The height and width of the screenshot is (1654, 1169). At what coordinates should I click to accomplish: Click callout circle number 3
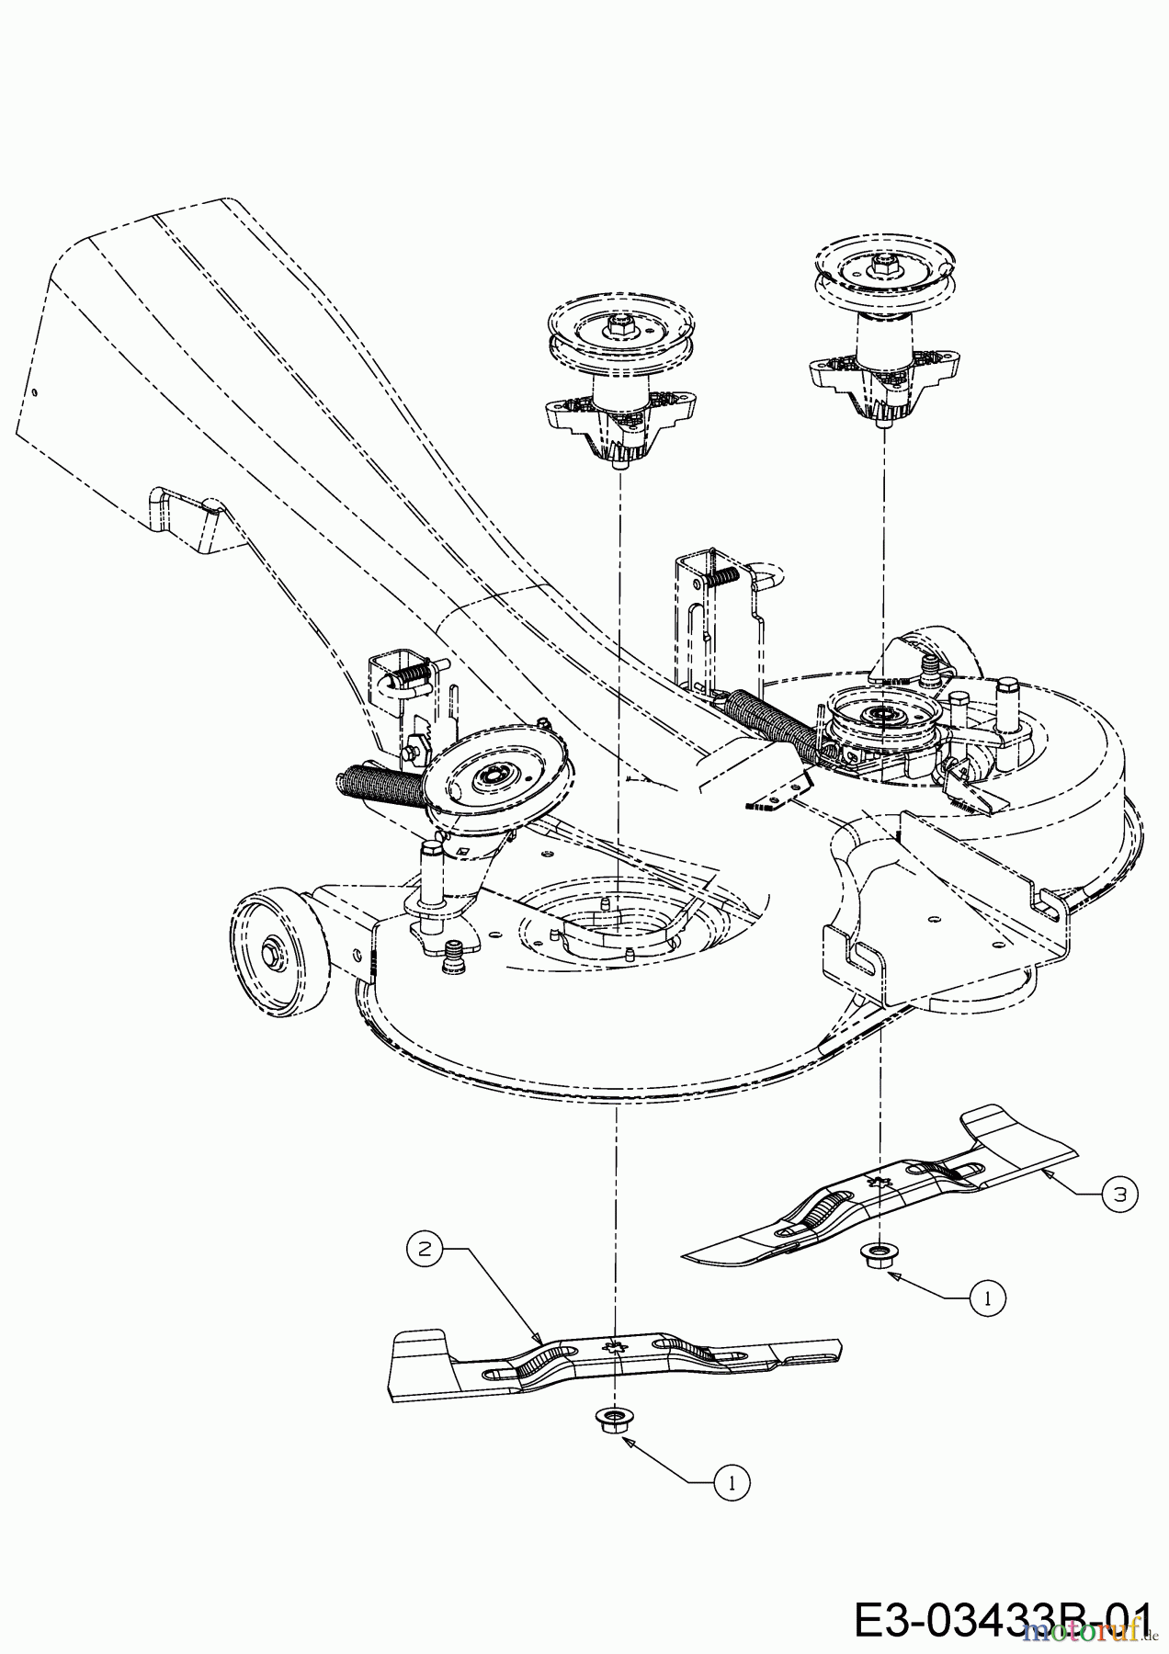coord(1119,1194)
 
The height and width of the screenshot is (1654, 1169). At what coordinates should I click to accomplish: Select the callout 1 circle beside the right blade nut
coord(987,1297)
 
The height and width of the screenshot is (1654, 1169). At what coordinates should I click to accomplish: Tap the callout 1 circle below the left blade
coord(732,1481)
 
